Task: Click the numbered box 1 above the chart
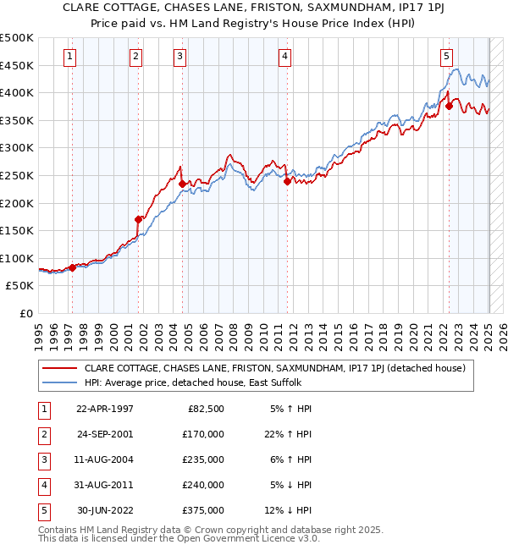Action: (69, 57)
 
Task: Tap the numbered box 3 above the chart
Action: (180, 57)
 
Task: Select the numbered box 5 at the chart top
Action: (446, 57)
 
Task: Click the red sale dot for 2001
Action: (138, 219)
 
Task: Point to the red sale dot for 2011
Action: (288, 180)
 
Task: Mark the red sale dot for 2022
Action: (449, 106)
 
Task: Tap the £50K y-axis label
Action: (20, 286)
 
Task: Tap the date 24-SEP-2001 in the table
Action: (105, 434)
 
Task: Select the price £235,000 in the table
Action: (204, 459)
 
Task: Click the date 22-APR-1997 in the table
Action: (105, 409)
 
